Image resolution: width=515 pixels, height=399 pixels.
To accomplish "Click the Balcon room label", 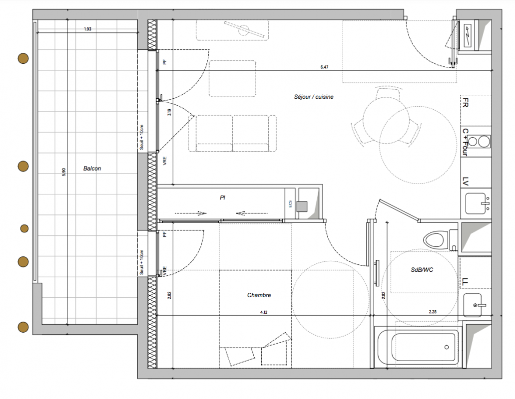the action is click(92, 169).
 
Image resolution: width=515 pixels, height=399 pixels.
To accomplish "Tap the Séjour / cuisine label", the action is click(314, 97).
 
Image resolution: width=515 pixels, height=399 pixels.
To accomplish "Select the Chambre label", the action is click(259, 295).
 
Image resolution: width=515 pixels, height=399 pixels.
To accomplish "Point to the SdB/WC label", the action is click(422, 270).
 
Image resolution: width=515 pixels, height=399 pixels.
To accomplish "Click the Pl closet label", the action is click(222, 198).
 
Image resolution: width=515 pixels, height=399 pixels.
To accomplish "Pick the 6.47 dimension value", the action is click(324, 67).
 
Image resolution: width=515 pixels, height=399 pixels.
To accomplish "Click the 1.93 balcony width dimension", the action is click(88, 29).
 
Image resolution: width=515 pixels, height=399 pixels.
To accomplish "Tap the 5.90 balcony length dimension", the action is click(64, 172).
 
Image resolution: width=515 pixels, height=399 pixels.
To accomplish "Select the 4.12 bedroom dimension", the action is click(264, 312).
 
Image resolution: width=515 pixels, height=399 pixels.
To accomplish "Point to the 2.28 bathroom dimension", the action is click(433, 312).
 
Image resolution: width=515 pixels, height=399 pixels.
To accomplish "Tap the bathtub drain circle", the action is click(447, 347).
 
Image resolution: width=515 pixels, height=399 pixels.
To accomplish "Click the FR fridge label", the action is click(465, 103).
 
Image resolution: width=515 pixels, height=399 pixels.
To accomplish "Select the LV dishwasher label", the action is click(465, 182).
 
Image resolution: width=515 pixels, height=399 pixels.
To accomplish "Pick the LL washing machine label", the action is click(465, 281).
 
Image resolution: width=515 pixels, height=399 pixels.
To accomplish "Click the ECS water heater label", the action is click(290, 204).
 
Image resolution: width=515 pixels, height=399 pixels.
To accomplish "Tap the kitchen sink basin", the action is click(475, 203).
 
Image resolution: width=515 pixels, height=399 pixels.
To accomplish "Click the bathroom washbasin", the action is click(473, 305).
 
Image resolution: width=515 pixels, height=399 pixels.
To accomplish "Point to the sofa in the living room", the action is click(233, 134).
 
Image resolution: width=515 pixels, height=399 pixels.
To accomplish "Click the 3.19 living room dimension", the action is click(169, 112).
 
